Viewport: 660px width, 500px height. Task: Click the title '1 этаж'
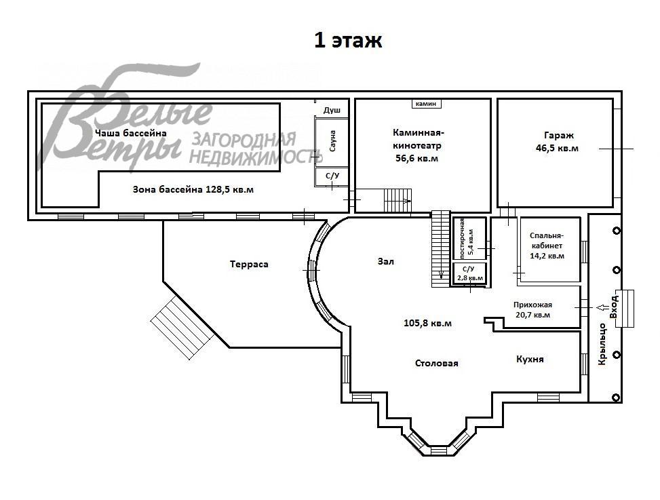pos(348,41)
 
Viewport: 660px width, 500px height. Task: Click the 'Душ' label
pos(332,110)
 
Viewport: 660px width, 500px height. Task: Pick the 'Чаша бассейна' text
pos(131,134)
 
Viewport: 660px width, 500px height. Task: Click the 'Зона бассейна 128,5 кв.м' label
pos(193,190)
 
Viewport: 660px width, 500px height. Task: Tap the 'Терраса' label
pos(249,264)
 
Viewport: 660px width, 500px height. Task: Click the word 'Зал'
pos(385,261)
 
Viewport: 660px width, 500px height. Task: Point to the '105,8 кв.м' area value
pos(427,323)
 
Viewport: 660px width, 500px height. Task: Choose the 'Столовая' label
pos(436,363)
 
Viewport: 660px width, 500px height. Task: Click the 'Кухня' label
pos(530,359)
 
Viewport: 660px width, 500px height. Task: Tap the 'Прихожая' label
pos(532,305)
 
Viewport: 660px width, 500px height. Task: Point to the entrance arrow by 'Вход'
pos(601,307)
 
